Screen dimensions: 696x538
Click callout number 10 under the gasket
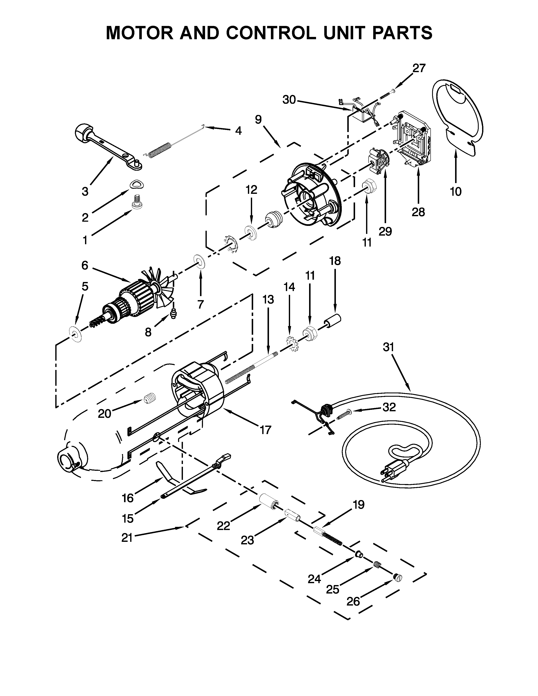456,192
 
